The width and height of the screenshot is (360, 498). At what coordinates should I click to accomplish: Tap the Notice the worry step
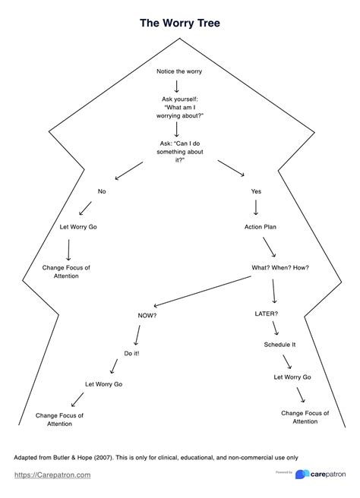click(179, 71)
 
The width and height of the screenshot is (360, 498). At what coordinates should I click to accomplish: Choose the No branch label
click(102, 191)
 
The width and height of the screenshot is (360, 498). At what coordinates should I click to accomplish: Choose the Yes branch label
click(256, 191)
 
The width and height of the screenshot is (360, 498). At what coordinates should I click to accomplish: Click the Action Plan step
click(259, 227)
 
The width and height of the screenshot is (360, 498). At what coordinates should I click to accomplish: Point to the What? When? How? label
click(280, 267)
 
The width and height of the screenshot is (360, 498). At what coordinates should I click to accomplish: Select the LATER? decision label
click(266, 313)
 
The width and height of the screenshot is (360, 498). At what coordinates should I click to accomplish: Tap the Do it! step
click(131, 354)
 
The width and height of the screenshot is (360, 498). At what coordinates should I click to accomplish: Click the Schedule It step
click(279, 345)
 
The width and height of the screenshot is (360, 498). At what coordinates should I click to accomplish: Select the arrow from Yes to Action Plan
click(257, 207)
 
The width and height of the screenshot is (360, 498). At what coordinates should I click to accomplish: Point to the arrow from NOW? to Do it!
click(137, 333)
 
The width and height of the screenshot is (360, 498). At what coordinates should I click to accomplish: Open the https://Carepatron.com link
click(52, 474)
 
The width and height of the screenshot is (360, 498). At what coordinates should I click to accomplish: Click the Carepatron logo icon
click(302, 474)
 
